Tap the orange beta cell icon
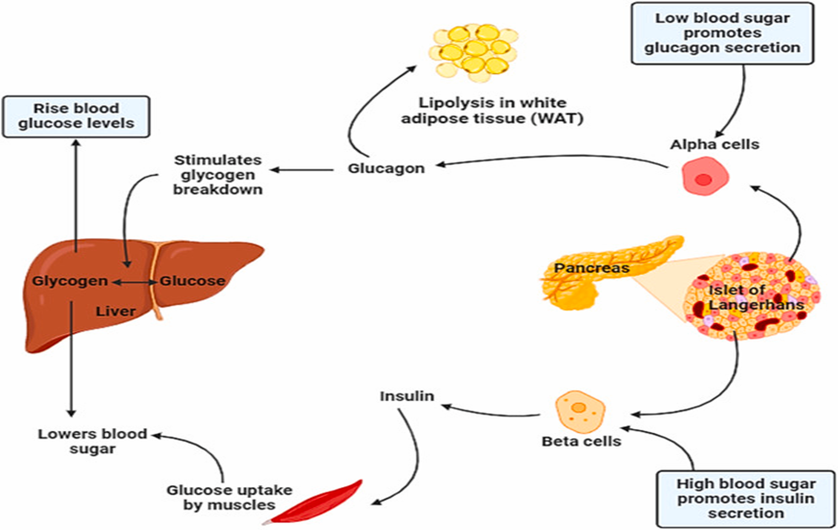click(578, 409)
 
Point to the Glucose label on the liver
click(192, 281)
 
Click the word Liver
click(116, 311)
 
